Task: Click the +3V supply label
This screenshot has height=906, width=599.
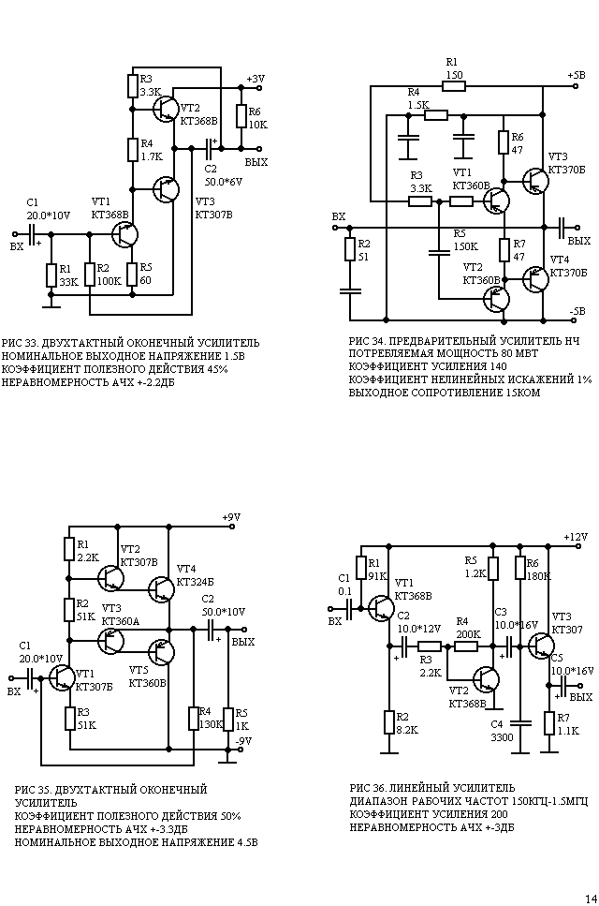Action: pos(256,79)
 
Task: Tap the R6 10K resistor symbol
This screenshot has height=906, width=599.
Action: pos(241,116)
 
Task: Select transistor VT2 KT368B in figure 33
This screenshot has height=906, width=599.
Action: pos(166,109)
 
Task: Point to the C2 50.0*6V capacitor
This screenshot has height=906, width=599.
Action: pos(210,148)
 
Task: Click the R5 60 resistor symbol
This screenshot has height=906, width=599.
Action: pos(132,274)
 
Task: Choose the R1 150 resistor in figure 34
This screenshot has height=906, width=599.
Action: pos(454,87)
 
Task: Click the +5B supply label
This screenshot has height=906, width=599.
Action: pos(576,76)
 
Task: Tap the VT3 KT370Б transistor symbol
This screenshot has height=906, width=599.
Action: pos(535,181)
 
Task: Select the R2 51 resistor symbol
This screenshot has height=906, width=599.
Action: pos(350,249)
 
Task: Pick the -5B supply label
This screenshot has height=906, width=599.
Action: pos(577,311)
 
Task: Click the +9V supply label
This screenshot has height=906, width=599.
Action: pos(231,517)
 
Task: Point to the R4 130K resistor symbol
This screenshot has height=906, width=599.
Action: pos(194,718)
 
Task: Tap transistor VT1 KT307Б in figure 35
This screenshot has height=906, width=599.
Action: pos(61,677)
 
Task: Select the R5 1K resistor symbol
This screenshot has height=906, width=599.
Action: pos(228,720)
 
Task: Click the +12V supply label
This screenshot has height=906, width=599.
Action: pos(576,537)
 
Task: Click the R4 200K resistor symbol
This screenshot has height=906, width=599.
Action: pos(466,646)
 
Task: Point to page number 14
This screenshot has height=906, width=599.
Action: pos(591,899)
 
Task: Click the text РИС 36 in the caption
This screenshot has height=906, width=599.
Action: pos(367,788)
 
